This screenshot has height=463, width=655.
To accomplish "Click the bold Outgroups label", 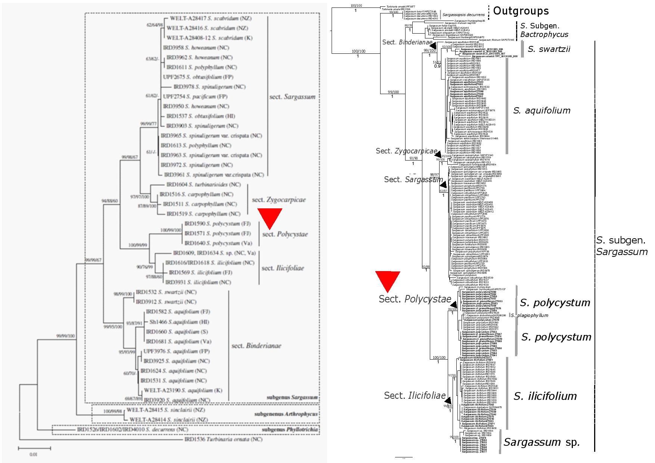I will pos(521,11).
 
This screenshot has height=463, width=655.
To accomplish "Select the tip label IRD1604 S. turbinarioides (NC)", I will pos(204,184).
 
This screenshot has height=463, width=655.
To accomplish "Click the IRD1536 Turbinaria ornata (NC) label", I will pos(223,439).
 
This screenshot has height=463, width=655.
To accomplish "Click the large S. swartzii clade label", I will pos(549,49).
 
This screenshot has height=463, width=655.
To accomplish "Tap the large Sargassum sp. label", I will pos(541,442).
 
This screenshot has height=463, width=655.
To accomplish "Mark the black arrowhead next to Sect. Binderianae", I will pos(434,45).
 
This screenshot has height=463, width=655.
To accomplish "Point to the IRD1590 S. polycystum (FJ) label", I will pos(218,224).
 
